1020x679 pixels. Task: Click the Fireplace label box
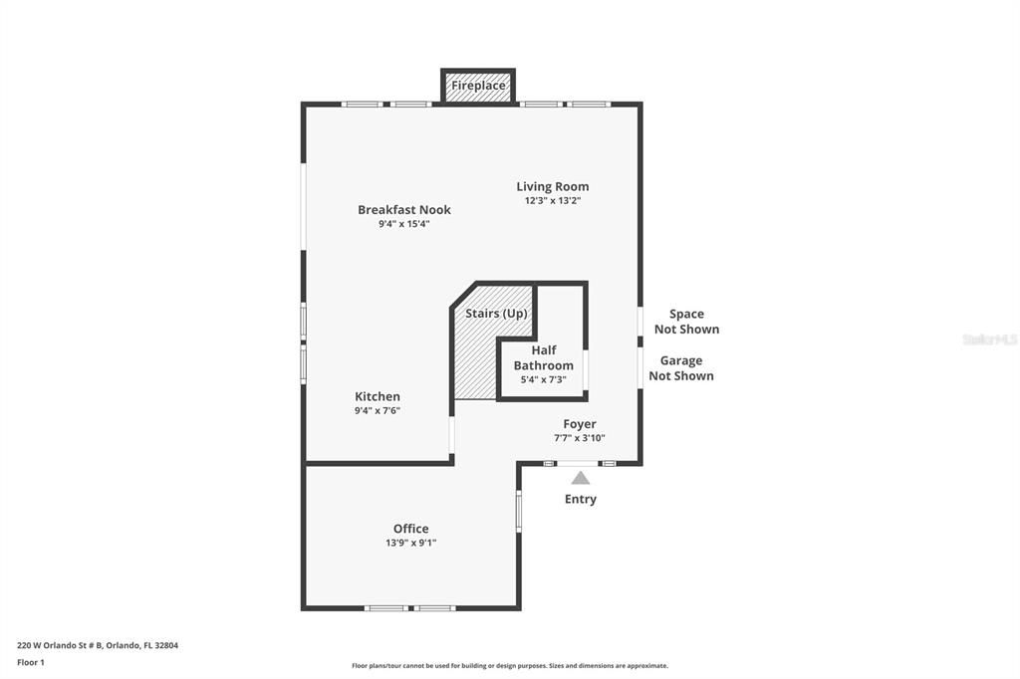click(x=478, y=86)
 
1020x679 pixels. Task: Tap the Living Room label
click(x=552, y=186)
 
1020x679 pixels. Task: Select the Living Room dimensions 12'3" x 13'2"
click(x=552, y=200)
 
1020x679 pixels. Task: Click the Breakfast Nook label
click(x=403, y=209)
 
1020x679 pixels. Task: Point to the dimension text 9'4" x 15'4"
click(x=403, y=224)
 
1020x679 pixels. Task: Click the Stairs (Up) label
click(x=496, y=314)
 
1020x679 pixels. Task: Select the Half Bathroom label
click(x=543, y=357)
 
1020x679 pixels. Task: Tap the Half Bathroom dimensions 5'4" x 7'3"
click(x=543, y=379)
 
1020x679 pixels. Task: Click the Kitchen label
click(x=378, y=396)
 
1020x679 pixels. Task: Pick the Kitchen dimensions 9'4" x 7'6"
click(x=378, y=410)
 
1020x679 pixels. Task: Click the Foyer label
click(x=579, y=424)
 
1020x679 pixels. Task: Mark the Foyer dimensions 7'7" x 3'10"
click(x=579, y=438)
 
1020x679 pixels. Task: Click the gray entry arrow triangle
click(x=580, y=478)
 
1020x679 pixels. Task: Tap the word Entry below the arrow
click(x=580, y=499)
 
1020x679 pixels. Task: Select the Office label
click(x=410, y=529)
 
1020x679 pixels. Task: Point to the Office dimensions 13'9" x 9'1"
click(x=410, y=543)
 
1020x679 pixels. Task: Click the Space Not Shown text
click(x=685, y=322)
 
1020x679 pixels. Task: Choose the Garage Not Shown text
click(x=681, y=368)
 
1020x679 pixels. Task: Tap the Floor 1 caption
click(x=31, y=662)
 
